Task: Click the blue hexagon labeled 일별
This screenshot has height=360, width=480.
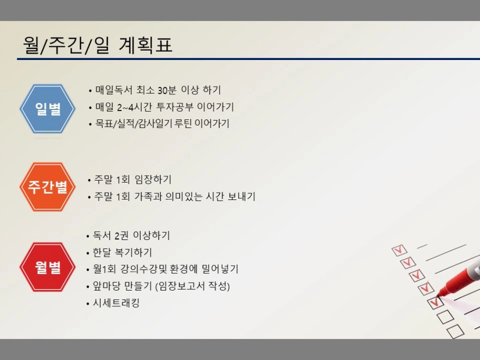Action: tap(47, 108)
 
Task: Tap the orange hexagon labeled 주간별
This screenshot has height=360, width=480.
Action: tap(47, 187)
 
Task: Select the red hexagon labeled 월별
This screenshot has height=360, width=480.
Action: tap(47, 267)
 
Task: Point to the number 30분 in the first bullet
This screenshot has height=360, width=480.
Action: tap(167, 90)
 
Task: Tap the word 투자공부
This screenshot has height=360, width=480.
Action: tap(175, 107)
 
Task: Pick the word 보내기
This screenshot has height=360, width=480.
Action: tap(242, 196)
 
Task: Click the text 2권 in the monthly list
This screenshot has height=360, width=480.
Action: tap(122, 236)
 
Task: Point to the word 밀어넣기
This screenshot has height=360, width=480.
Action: tap(220, 269)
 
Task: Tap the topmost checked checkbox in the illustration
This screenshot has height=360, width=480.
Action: tap(399, 250)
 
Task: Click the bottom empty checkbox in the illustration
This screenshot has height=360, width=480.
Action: tap(455, 331)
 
